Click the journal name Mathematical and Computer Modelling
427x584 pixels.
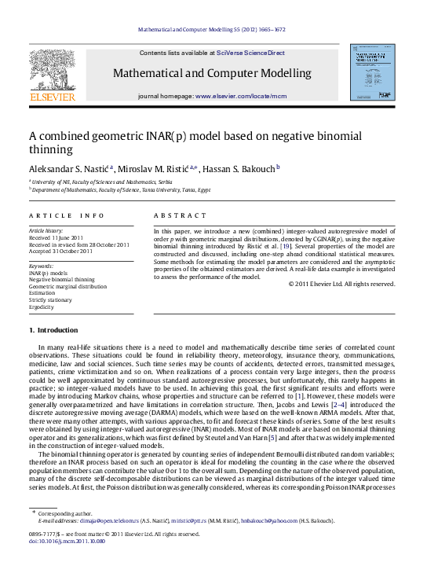coord(213,74)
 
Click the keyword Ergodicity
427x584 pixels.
coord(43,306)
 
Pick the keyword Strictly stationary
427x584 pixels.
coord(50,299)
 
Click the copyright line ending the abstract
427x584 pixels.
coord(343,284)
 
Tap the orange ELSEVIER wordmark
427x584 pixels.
coord(52,97)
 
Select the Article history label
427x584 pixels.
coord(47,229)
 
